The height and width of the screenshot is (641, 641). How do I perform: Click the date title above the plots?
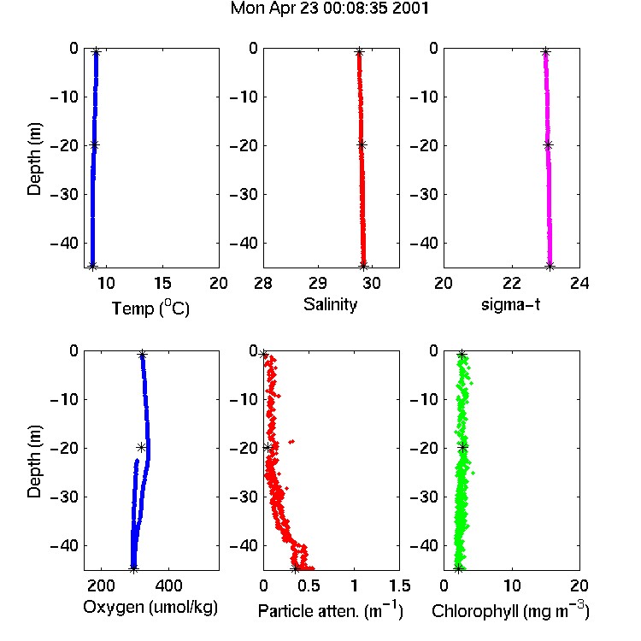point(330,9)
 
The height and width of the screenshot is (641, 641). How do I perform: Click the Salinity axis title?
point(330,304)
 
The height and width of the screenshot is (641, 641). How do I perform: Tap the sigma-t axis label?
point(510,304)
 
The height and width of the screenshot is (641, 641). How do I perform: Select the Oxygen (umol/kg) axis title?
point(150,608)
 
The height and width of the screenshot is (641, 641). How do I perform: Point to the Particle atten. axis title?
point(331,611)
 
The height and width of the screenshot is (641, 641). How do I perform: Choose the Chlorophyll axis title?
point(510,611)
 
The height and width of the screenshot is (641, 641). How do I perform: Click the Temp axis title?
point(150,308)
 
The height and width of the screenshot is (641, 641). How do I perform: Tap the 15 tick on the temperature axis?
point(162,283)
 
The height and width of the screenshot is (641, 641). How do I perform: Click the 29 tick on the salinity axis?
point(318,283)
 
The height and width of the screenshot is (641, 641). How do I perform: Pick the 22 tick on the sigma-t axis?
point(511,283)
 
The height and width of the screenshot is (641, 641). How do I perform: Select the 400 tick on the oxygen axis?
point(168,585)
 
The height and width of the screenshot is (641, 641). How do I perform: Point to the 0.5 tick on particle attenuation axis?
point(309,585)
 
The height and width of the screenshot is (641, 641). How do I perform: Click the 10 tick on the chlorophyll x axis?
point(511,585)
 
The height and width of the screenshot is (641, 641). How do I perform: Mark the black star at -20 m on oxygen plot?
point(141,447)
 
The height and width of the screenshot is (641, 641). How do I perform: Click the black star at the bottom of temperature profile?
point(92,266)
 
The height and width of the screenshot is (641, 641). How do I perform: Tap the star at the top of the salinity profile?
point(359,52)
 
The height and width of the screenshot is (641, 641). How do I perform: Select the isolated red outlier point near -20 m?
point(291,442)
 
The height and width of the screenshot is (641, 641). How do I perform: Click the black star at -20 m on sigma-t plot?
point(548,144)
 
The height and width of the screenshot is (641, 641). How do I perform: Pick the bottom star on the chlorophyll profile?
point(458,568)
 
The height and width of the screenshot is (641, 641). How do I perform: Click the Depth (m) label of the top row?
point(34,159)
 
